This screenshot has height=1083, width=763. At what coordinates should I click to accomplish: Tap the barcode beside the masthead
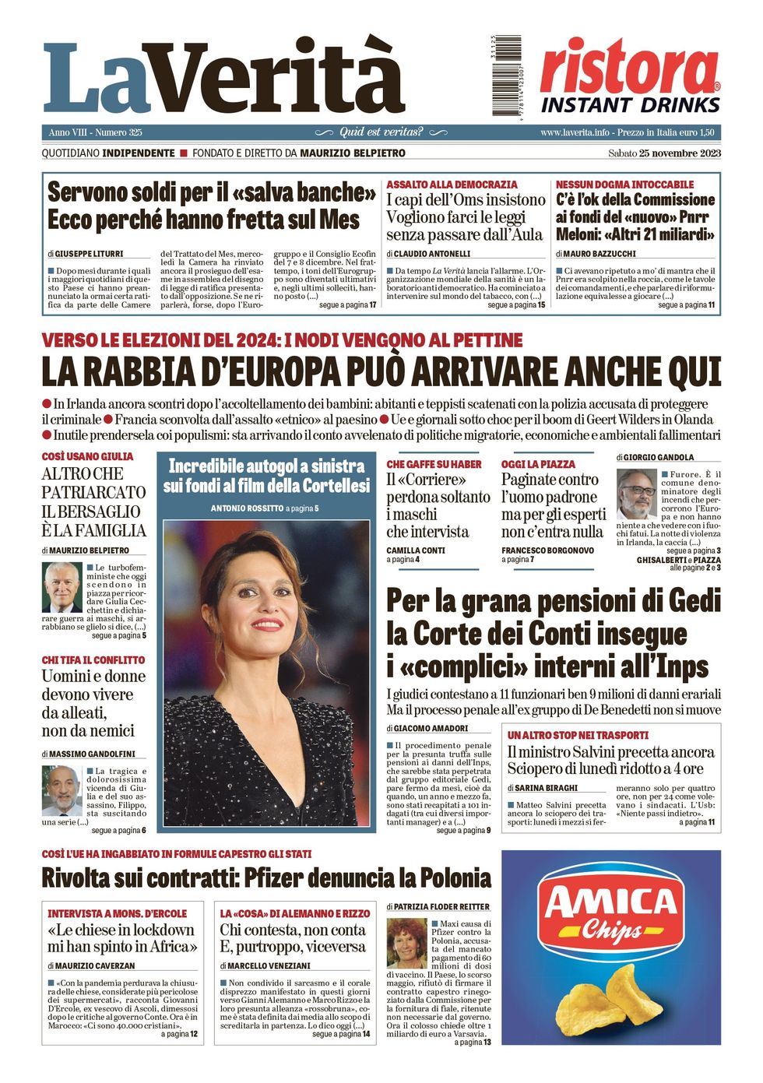[x=506, y=76]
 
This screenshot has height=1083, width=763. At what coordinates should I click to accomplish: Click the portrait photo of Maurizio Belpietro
[x=62, y=587]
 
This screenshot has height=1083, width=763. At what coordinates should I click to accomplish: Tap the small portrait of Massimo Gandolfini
[x=62, y=790]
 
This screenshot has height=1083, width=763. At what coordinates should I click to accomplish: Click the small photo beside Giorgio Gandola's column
[x=637, y=494]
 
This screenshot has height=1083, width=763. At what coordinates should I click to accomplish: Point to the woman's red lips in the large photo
[x=267, y=624]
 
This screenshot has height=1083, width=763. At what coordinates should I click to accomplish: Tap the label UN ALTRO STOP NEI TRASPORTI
[x=578, y=735]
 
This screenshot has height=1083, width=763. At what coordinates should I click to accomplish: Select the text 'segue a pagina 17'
[x=347, y=305]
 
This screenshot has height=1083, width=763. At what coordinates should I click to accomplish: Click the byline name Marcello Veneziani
[x=269, y=965]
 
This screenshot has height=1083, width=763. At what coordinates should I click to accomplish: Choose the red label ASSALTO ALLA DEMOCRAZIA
[x=452, y=185]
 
